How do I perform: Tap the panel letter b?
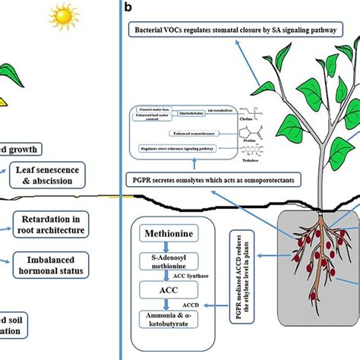[x=129, y=7]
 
